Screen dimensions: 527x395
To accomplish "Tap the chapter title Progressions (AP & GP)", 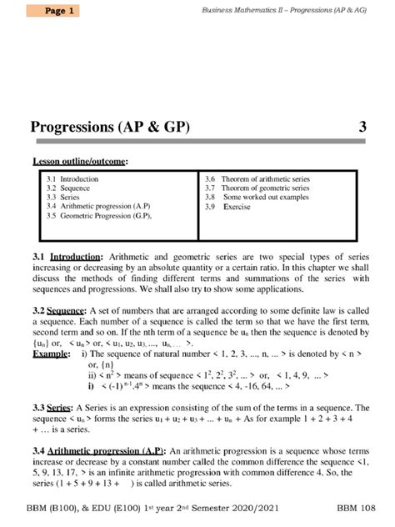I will [x=111, y=128].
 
